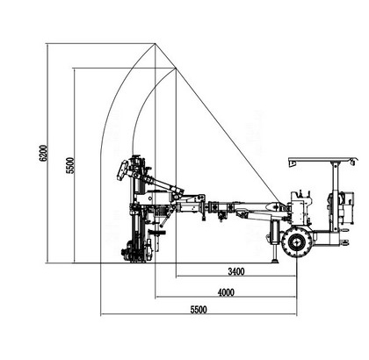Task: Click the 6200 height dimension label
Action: [x=43, y=153]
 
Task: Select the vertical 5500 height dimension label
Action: [x=70, y=166]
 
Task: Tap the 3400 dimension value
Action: [x=236, y=271]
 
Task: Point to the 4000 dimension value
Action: [x=226, y=292]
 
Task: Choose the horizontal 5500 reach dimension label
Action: [x=199, y=309]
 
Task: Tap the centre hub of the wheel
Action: [x=296, y=242]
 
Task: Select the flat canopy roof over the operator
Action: [x=323, y=160]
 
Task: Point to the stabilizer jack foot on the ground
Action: [x=275, y=261]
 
